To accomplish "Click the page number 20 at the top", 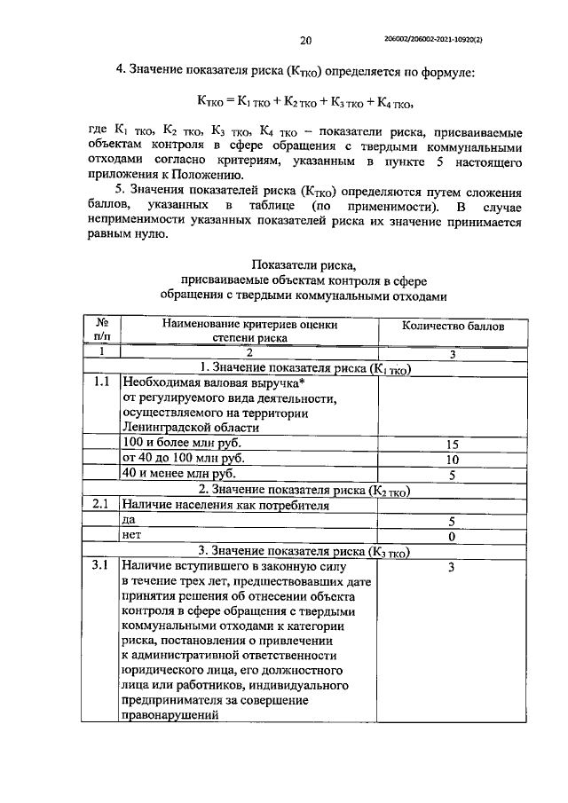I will tap(306, 40).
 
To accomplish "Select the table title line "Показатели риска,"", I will tap(305, 265).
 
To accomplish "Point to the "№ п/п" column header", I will tap(101, 331).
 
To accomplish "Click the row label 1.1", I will tap(101, 383).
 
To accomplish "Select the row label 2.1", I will tap(101, 505).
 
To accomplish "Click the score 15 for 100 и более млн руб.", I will tap(452, 444).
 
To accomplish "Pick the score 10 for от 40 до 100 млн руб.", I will tap(452, 460).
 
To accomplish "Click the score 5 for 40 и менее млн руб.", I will tap(452, 476).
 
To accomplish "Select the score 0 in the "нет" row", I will tap(452, 537).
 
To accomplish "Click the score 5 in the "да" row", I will tap(452, 522).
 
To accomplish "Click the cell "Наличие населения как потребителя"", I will tap(225, 506).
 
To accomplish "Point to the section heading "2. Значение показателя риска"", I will tap(305, 490).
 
